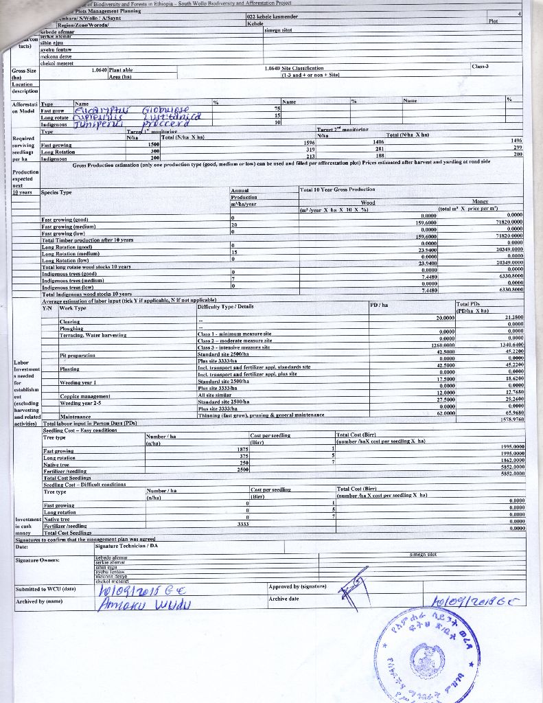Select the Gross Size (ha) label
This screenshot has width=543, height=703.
pyautogui.click(x=23, y=73)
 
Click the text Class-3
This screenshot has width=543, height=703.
pyautogui.click(x=480, y=67)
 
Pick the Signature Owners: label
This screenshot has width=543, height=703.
pyautogui.click(x=37, y=561)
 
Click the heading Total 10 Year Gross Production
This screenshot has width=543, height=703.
pyautogui.click(x=337, y=189)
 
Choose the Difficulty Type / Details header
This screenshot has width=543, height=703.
pyautogui.click(x=225, y=306)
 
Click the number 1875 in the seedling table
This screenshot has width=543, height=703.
pyautogui.click(x=232, y=450)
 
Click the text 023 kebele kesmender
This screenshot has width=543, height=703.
pyautogui.click(x=272, y=16)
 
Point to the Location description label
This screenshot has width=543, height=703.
pyautogui.click(x=25, y=87)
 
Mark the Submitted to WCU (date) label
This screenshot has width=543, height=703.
pyautogui.click(x=45, y=589)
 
